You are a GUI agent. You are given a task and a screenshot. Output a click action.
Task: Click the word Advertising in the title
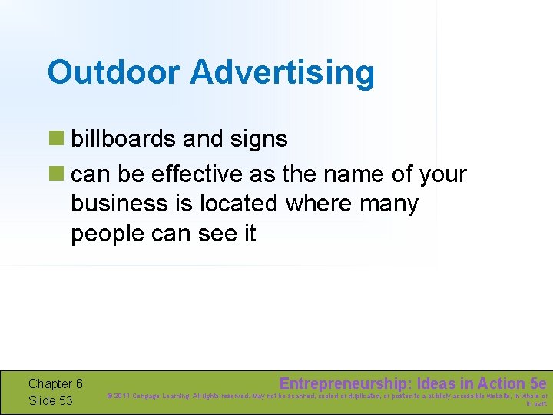tap(282, 73)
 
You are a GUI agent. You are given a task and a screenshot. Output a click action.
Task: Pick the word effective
tap(197, 174)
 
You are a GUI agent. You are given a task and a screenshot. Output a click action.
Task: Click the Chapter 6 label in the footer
tap(55, 383)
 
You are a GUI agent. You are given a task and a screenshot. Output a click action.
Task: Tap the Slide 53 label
tap(50, 400)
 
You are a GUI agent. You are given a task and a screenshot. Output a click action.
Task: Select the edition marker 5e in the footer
tap(538, 383)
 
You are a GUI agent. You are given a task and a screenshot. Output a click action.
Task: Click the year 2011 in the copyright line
tap(124, 397)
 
